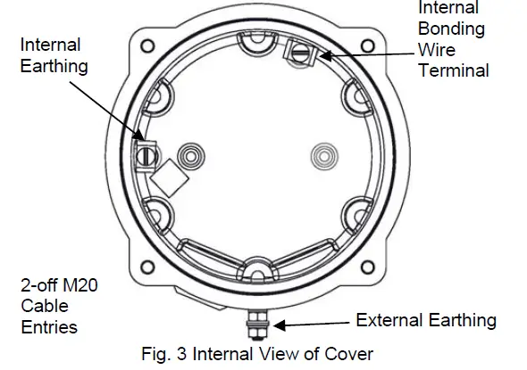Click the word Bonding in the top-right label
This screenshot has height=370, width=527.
pyautogui.click(x=452, y=29)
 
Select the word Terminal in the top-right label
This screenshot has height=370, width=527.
pyautogui.click(x=454, y=70)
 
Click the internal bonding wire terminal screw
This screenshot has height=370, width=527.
pyautogui.click(x=298, y=54)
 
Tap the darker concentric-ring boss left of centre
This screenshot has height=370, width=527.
pyautogui.click(x=189, y=157)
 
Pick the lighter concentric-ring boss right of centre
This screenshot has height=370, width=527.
pyautogui.click(x=323, y=157)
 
